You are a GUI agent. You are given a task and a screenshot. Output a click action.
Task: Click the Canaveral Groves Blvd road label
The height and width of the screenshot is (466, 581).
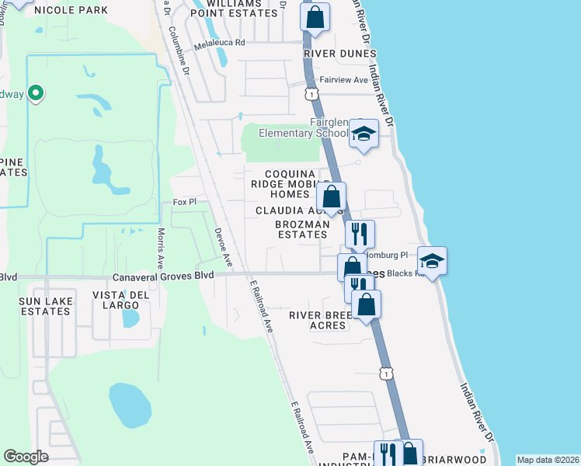162,276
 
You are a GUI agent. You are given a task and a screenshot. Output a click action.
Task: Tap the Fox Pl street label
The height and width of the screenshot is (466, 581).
184,202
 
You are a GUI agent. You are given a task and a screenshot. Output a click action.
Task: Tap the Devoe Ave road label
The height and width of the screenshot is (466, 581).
224,245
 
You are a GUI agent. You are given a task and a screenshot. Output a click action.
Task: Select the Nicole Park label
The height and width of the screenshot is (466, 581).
71,11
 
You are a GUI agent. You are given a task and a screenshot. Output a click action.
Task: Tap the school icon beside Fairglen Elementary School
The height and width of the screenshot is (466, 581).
363,134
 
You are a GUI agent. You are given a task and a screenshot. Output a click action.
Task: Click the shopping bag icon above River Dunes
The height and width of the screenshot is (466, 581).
315,17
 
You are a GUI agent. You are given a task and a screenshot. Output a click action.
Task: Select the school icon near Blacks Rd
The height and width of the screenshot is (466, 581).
432,261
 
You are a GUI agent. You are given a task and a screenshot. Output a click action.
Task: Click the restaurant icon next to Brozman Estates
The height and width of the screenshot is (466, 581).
360,233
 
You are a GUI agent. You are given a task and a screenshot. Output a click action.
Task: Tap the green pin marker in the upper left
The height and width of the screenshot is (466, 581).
35,94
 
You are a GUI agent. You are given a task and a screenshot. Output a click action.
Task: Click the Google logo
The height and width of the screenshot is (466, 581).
26,457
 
